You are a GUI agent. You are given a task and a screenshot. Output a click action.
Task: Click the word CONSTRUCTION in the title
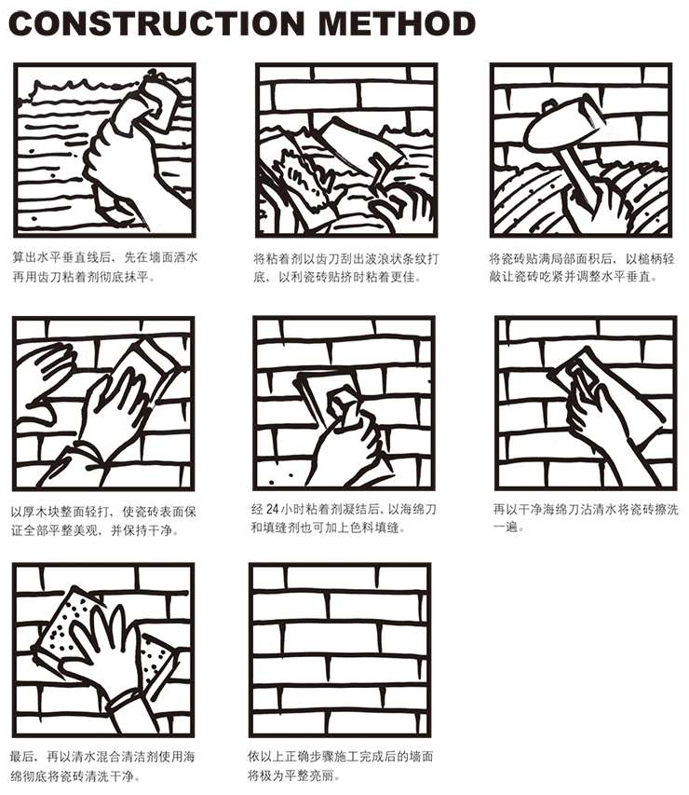[156, 23]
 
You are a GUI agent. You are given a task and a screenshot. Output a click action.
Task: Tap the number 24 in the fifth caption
[272, 509]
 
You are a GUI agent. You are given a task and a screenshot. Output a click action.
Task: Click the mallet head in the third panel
[563, 123]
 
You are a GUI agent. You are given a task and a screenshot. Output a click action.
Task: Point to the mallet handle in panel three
[577, 175]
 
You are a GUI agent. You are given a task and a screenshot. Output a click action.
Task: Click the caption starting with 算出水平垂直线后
[105, 267]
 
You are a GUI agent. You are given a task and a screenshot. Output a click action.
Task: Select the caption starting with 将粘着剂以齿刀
[346, 268]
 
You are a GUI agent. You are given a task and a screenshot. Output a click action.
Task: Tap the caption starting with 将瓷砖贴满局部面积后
[582, 268]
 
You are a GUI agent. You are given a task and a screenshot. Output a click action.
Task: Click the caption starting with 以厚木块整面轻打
[103, 521]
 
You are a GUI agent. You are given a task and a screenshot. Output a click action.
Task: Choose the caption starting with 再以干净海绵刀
[586, 517]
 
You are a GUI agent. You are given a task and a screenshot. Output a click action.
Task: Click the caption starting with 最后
[102, 766]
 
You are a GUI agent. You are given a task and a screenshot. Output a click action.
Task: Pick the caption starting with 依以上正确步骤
[341, 766]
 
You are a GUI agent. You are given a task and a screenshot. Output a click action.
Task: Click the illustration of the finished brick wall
[340, 650]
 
